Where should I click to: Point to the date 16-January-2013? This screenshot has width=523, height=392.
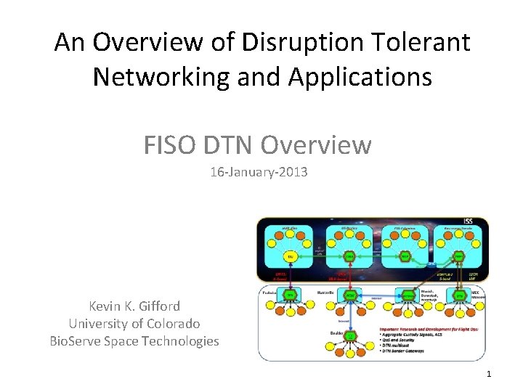pos(259,173)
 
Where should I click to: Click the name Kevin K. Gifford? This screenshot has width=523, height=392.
pos(134,306)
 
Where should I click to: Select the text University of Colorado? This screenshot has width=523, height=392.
pos(134,323)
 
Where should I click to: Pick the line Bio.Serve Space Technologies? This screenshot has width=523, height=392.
pos(134,340)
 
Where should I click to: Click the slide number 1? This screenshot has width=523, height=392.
pos(489,373)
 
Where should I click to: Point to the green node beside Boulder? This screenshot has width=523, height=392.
pos(350,336)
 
